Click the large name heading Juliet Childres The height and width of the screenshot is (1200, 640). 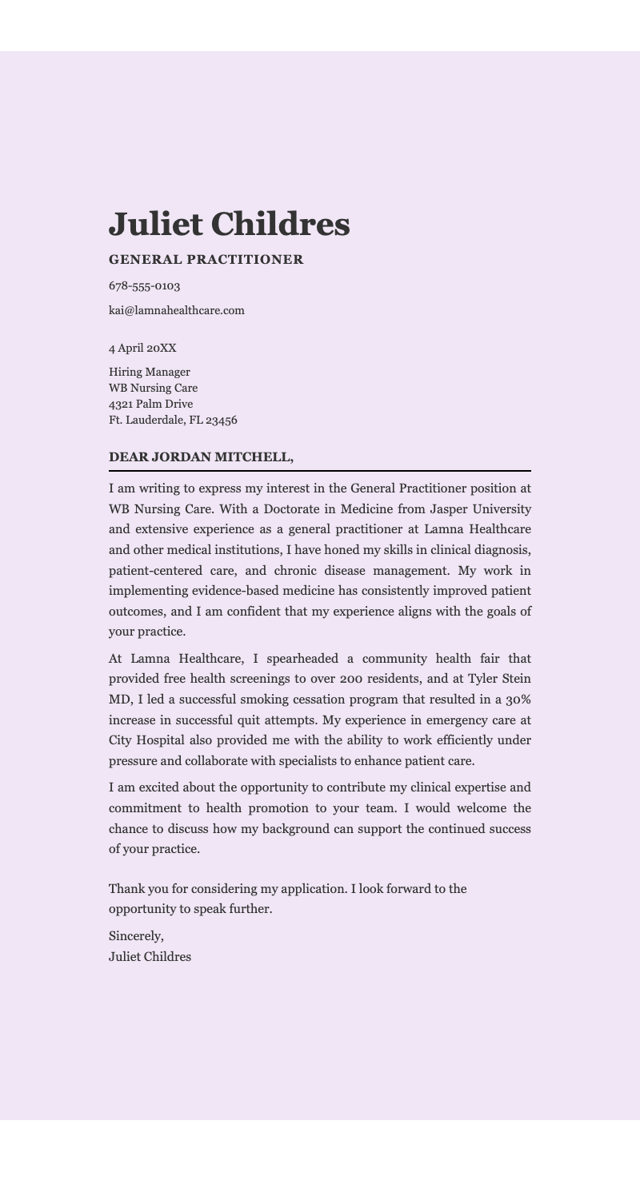coord(229,225)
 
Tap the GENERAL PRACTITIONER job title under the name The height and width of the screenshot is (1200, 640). coord(206,260)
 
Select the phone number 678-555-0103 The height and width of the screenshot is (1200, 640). coord(144,286)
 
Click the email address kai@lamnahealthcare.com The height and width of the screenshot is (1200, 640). coord(176,311)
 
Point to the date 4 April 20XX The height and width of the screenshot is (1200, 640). coord(142,349)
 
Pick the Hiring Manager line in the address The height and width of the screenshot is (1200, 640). coord(149,373)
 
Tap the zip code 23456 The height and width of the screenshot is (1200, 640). coord(222,421)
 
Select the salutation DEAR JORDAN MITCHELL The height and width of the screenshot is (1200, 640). coord(201,457)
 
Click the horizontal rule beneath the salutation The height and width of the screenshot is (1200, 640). coord(320,471)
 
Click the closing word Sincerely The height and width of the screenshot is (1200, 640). coord(136,936)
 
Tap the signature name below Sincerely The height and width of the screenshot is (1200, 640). coord(150,957)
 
